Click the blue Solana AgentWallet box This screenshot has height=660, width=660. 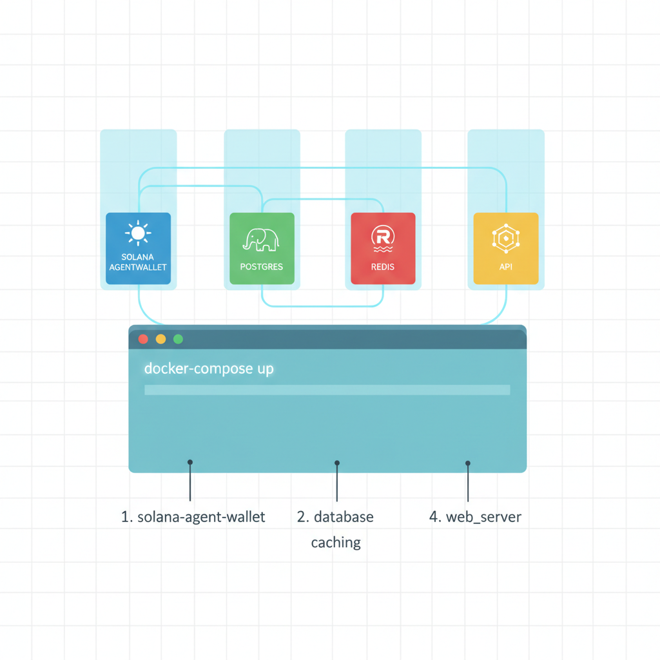[138, 248]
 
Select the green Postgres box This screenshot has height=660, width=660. [262, 248]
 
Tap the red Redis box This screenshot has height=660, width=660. [383, 248]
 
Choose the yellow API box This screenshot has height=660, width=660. [505, 248]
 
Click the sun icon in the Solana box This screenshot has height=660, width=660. [138, 233]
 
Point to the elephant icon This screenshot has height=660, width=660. [261, 239]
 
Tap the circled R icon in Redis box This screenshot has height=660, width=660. [383, 235]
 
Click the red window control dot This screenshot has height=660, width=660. [143, 339]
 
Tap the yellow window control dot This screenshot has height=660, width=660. [160, 339]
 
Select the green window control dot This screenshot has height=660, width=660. [179, 339]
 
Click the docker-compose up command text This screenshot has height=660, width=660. [209, 369]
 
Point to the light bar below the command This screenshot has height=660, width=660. [327, 390]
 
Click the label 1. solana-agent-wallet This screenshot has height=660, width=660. [193, 517]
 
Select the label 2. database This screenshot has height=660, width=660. [335, 517]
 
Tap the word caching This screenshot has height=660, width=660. [336, 543]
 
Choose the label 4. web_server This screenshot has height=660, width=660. [475, 517]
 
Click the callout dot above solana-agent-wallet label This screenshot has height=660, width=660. [190, 462]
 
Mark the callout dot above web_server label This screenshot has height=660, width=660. [468, 463]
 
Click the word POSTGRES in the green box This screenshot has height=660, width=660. [261, 267]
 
